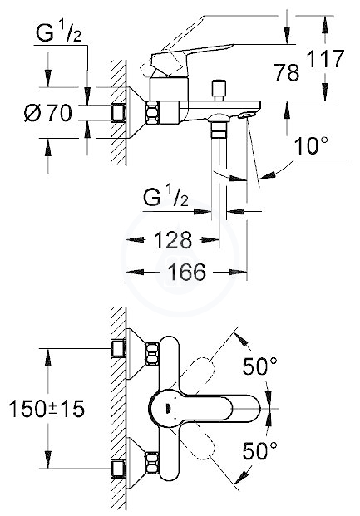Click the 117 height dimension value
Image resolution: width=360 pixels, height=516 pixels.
tap(325, 58)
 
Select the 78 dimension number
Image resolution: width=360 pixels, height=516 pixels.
tap(287, 72)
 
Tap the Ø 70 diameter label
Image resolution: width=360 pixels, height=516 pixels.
tap(48, 112)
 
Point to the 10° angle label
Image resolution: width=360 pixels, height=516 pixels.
tap(311, 145)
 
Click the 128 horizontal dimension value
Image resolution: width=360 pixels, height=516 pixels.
tap(173, 239)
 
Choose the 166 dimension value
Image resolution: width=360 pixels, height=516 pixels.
tap(186, 272)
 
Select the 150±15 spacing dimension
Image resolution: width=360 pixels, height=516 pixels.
tap(47, 409)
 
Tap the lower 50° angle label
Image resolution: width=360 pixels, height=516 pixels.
tap(260, 450)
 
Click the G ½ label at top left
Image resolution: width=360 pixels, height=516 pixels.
tap(58, 33)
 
